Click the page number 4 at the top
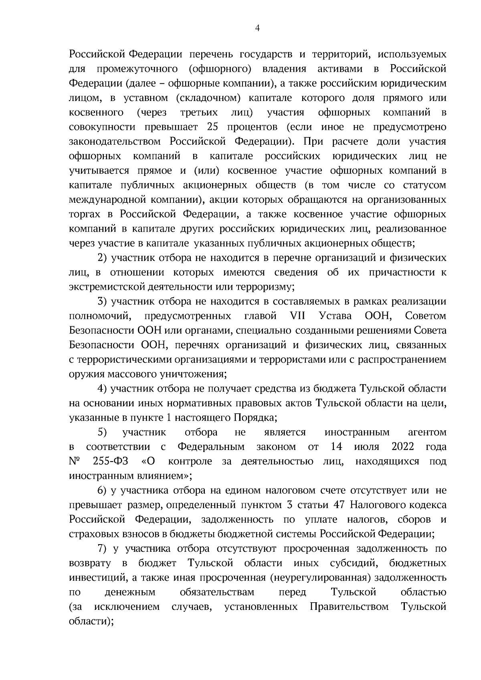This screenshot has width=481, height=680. [257, 28]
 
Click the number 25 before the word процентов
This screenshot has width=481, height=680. [213, 127]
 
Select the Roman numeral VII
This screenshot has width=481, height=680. [297, 316]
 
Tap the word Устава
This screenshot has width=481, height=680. [335, 316]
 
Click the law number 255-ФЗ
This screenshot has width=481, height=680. [111, 461]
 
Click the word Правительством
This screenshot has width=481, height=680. [350, 607]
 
